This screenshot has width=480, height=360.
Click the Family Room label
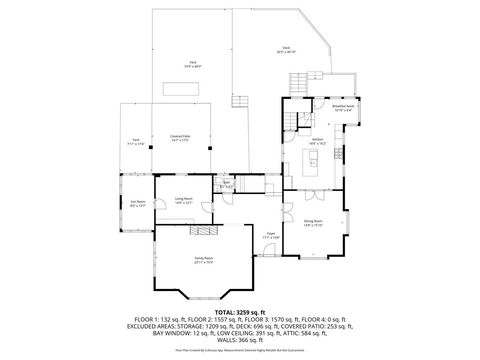[208, 259]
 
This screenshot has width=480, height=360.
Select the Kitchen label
[316, 140]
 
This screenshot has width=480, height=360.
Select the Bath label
[227, 184]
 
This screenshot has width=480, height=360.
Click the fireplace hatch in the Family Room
[203, 230]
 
